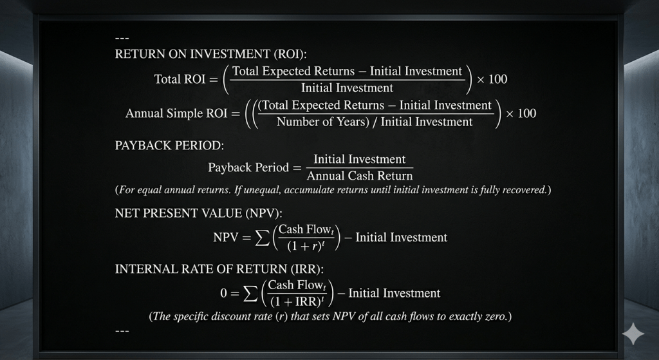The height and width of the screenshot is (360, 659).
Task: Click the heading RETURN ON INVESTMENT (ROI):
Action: coord(211,54)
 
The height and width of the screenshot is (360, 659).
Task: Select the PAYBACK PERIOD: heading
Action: coord(169,146)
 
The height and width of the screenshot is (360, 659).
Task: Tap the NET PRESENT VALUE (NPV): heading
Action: coord(199,213)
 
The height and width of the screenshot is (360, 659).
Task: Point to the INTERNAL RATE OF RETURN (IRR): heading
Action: coord(219,269)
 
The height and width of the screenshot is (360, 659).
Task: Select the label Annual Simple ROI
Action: coord(176,113)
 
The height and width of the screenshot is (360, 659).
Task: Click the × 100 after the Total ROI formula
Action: coord(492,79)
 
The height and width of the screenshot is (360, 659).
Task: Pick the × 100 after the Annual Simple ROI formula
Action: coord(521,113)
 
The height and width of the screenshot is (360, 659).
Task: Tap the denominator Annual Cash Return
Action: coord(360,176)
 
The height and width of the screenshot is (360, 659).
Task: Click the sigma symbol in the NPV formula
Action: coord(263,238)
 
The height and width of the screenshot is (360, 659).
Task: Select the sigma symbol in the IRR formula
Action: coord(250,294)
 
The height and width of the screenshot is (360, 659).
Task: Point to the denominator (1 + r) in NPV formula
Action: coord(306,246)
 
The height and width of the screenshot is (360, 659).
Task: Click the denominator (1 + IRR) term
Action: coord(297,301)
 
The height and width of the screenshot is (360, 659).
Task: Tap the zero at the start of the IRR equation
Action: coord(223,293)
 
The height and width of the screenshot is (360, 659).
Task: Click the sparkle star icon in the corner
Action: coord(633,334)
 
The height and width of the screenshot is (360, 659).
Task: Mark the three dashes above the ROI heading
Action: coord(122,39)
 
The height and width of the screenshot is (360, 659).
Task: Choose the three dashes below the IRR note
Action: coord(122,331)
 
